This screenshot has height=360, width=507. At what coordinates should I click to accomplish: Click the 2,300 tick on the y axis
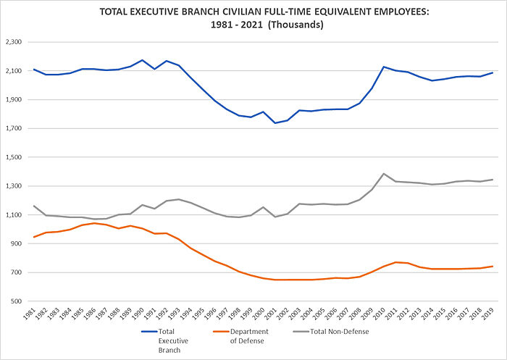coord(15,42)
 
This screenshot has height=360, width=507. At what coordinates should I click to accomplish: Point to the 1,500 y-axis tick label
coord(15,157)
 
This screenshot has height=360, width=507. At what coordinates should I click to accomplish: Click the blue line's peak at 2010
coord(384,67)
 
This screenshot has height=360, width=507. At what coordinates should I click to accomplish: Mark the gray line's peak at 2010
coord(384,174)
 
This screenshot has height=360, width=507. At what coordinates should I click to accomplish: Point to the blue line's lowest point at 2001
coord(275,123)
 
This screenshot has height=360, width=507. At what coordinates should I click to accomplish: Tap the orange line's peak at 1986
coord(94,223)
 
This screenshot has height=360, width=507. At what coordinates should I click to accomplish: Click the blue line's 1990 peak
coord(143,60)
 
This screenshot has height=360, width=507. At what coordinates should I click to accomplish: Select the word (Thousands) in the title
coord(293,24)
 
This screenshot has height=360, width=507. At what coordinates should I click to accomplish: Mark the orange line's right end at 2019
coord(493,267)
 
